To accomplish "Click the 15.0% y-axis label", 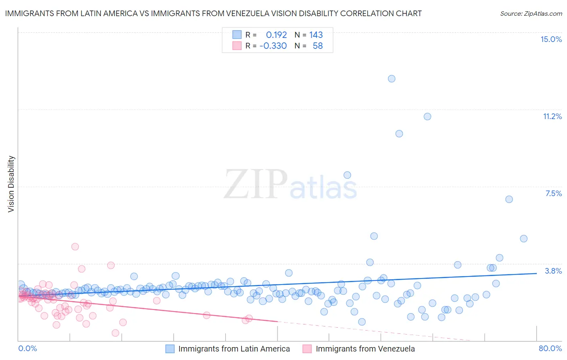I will pos(551,39).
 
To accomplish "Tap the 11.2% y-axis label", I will pos(552,116).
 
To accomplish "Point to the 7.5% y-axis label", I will pos(553,193).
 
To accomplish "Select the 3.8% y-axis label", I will pos(553,271).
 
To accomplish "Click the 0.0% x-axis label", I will pos(27,348).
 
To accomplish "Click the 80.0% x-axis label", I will pos(550,348).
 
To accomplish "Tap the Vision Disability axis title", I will pos(11,184).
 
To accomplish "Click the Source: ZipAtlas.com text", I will pos(531,13).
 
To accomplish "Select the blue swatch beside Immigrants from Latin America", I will pos(170,349).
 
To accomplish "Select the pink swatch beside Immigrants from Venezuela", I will pos(307,349).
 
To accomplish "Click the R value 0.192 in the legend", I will pos(276,35).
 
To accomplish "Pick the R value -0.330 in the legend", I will pos(273,46).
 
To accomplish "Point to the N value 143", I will pos(316,35).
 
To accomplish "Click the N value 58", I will pos(317,46).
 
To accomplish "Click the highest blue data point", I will pos(392,79).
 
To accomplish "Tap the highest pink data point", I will pos(75,247).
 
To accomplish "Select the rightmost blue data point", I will pos(523,239).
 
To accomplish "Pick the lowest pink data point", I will pos(115,333).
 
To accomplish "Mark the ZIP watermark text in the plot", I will pos(256,184).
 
